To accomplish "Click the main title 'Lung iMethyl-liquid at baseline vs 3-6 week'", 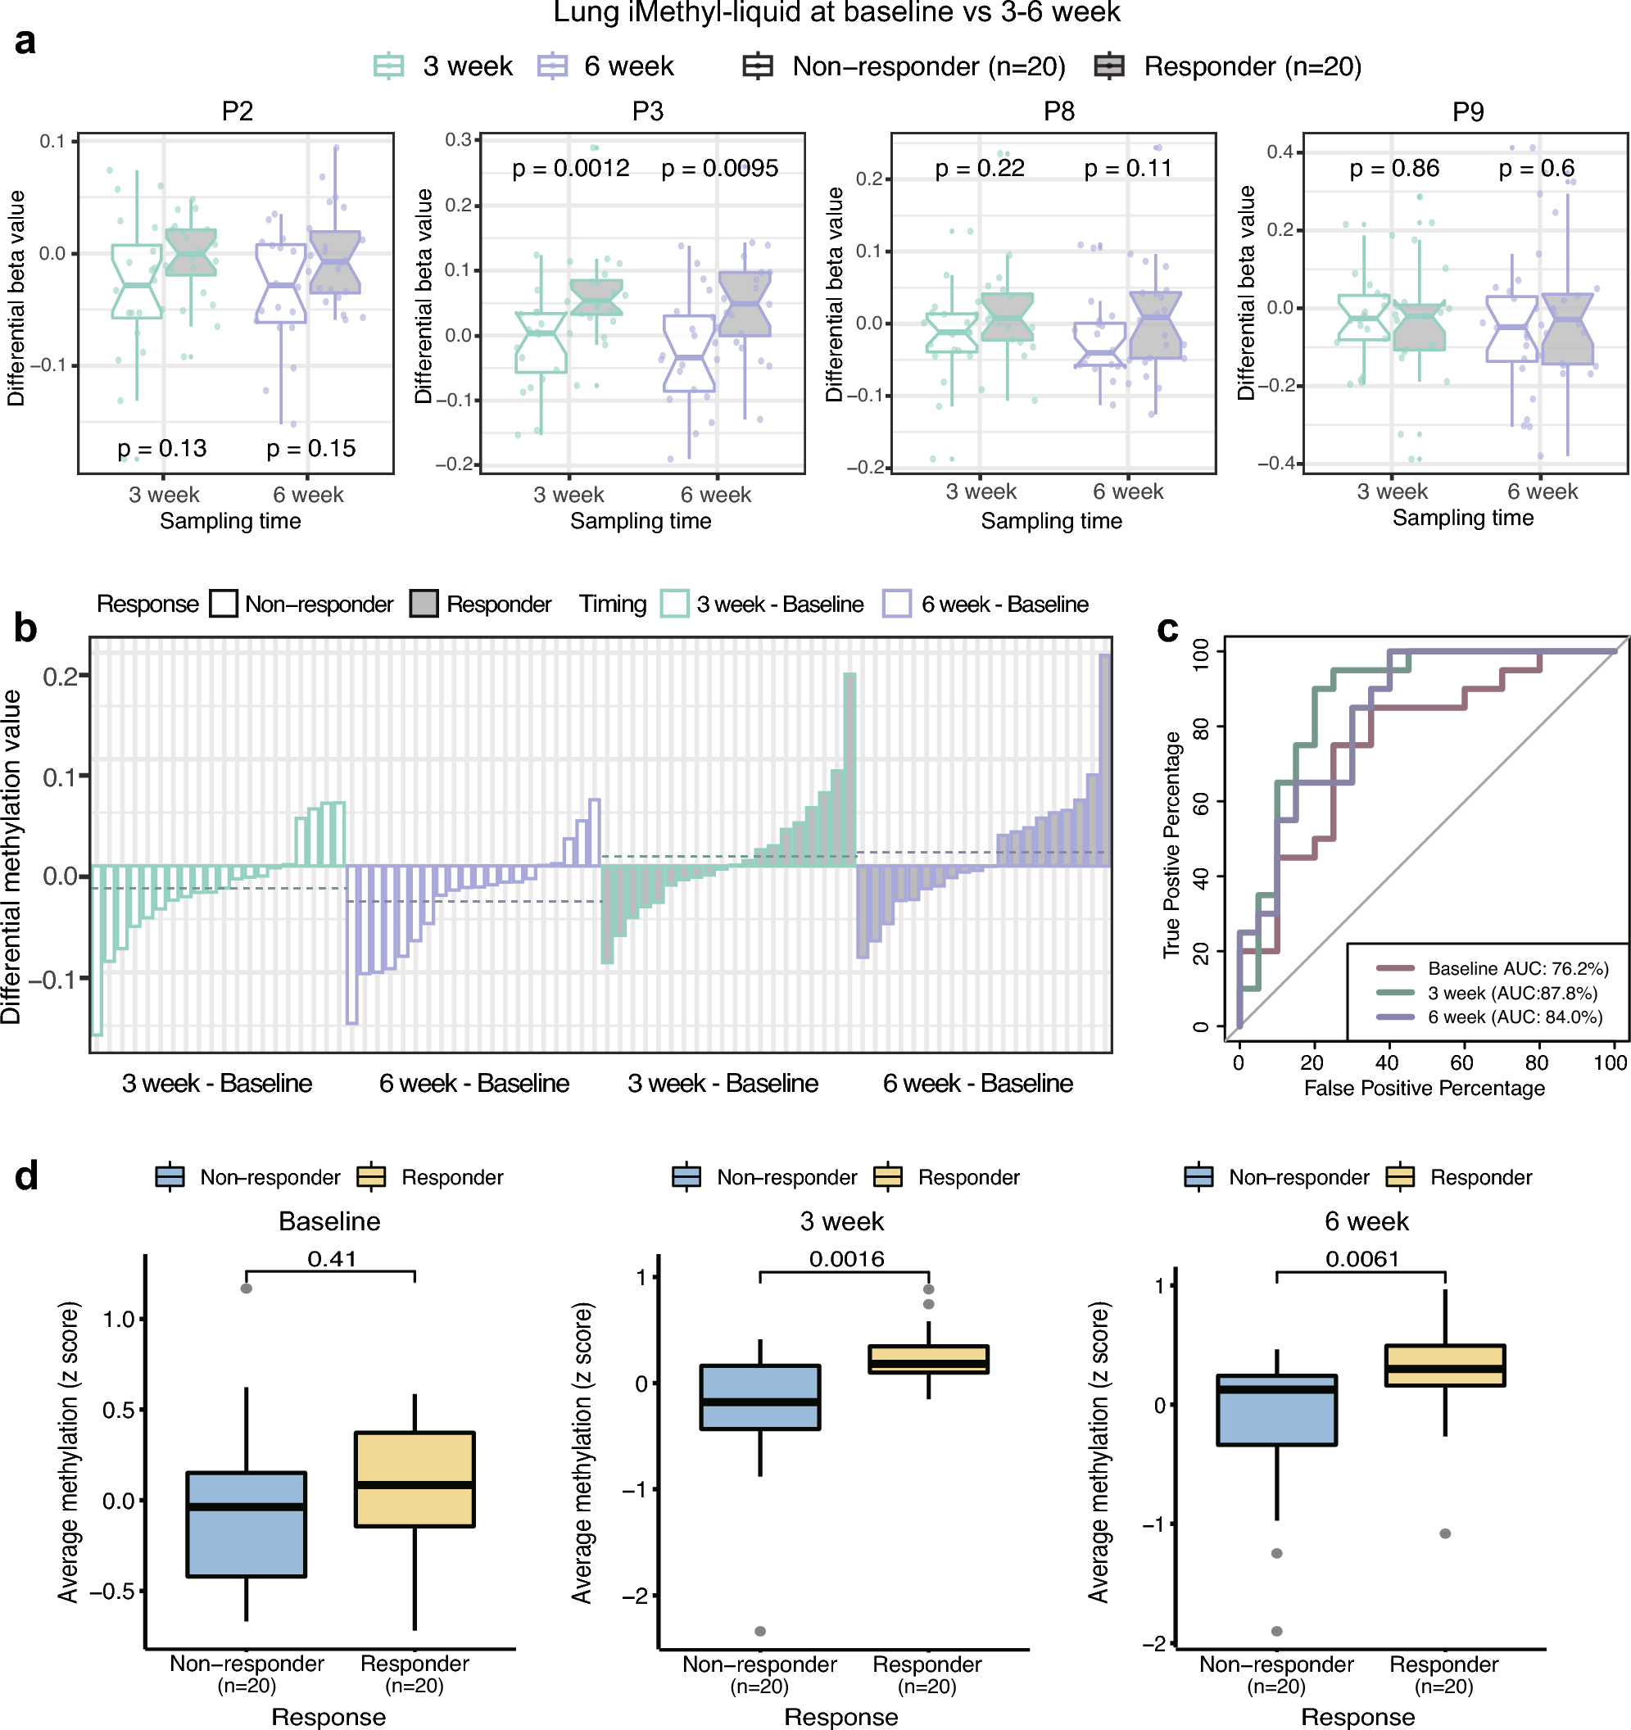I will [x=836, y=13].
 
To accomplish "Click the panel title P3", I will [x=647, y=111].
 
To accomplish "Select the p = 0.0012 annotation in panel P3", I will [x=570, y=168].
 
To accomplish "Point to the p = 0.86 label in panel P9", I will [x=1394, y=168].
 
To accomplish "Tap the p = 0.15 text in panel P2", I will [x=310, y=448].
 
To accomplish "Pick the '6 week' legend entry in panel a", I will [x=628, y=66].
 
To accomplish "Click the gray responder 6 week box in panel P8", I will [x=1155, y=325].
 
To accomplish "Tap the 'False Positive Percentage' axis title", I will [x=1424, y=1088].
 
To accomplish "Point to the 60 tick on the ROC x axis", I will [x=1461, y=1062].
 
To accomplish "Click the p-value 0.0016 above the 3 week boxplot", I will [x=846, y=1258].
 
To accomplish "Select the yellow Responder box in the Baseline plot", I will [x=415, y=1479].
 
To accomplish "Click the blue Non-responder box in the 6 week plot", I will [x=1276, y=1410].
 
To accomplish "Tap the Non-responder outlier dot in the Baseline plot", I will [x=247, y=1288].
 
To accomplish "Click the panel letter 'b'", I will [x=25, y=627].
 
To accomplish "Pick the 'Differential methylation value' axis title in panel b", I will [x=11, y=857].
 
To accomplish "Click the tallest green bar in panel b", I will [x=849, y=770].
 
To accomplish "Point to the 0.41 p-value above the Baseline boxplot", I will [x=332, y=1258].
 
